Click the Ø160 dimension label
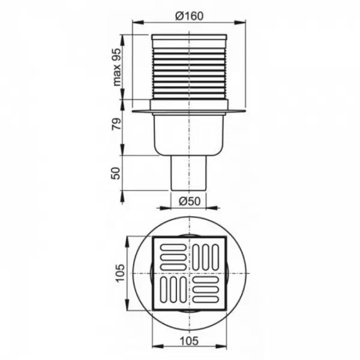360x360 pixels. (190, 16)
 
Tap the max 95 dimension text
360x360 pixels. (116, 67)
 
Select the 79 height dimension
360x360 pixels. (116, 124)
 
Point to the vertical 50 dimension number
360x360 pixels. (116, 173)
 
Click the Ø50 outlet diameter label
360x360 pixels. (190, 202)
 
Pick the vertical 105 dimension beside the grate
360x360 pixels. (120, 273)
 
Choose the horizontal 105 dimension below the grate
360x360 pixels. (189, 341)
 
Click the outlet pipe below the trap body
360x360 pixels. (189, 173)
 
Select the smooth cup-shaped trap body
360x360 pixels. (189, 135)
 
